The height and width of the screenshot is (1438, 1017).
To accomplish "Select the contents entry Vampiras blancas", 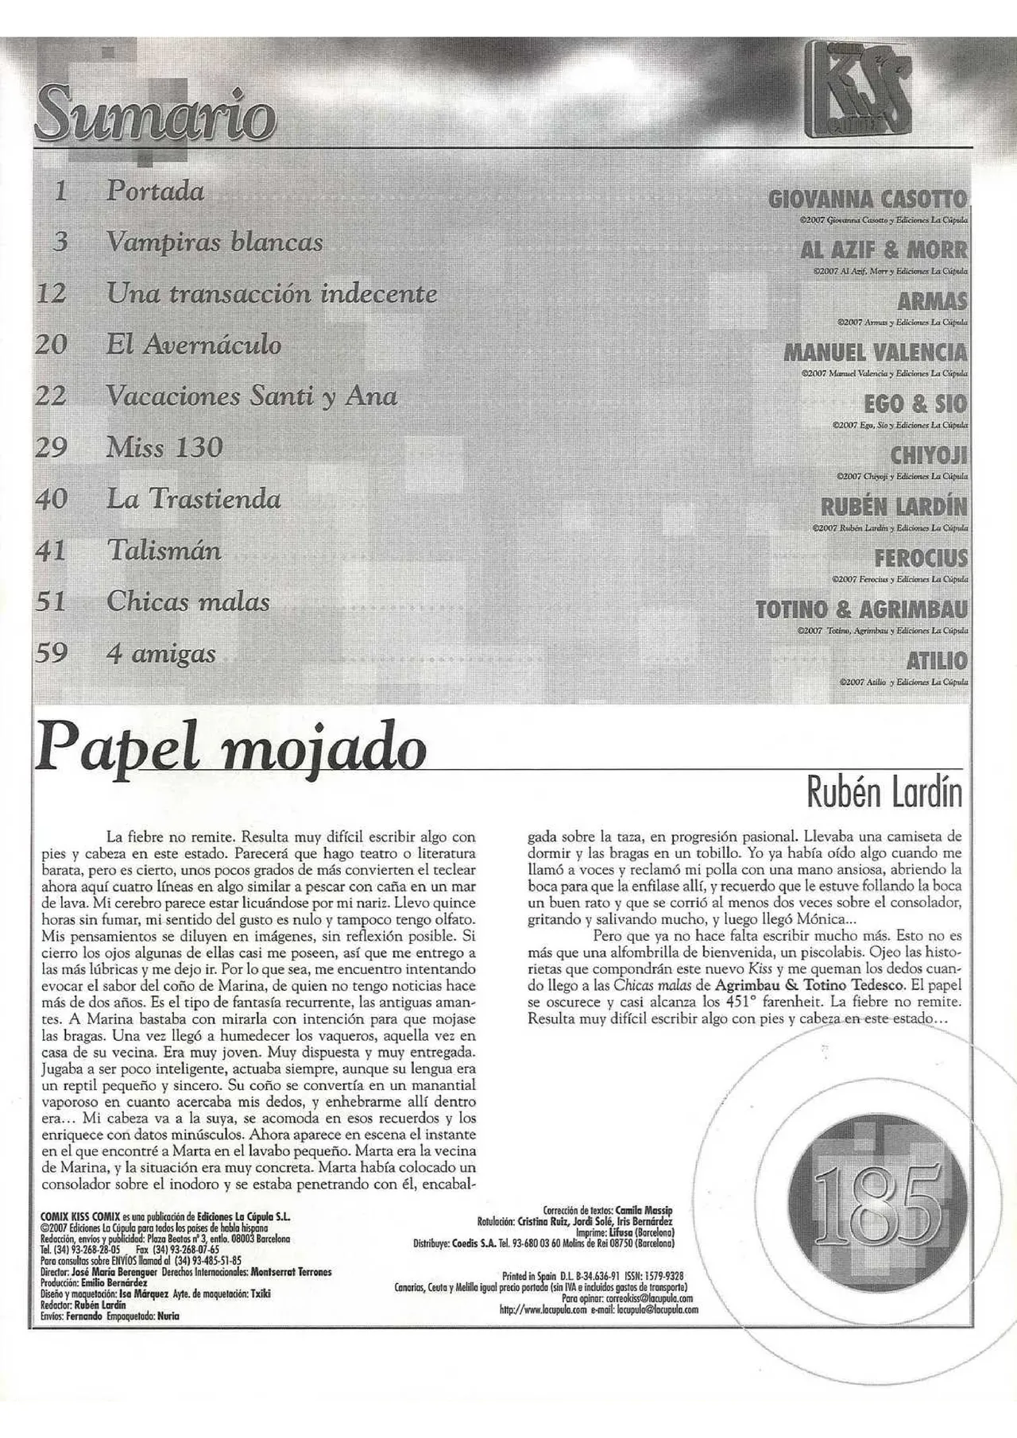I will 215,242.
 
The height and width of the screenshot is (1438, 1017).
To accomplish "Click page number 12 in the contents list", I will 52,294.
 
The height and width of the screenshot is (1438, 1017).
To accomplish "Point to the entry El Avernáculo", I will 194,345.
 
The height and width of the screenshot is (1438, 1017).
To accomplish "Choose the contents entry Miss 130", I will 164,447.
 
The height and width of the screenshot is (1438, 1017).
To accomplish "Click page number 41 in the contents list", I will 52,551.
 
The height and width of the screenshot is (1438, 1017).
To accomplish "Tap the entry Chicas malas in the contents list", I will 188,601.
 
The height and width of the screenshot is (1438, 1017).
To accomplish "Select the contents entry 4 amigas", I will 161,653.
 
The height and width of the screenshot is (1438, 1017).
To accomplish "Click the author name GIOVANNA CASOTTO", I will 868,199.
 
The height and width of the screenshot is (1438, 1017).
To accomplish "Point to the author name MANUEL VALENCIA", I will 876,352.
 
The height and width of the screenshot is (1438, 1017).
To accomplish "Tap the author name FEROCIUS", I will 921,558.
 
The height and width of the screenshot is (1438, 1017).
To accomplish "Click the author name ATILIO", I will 937,660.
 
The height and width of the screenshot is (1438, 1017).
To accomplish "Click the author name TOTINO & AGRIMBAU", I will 861,609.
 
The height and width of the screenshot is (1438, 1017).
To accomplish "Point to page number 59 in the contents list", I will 52,653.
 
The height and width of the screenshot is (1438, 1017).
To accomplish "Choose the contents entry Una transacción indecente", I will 272,294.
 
